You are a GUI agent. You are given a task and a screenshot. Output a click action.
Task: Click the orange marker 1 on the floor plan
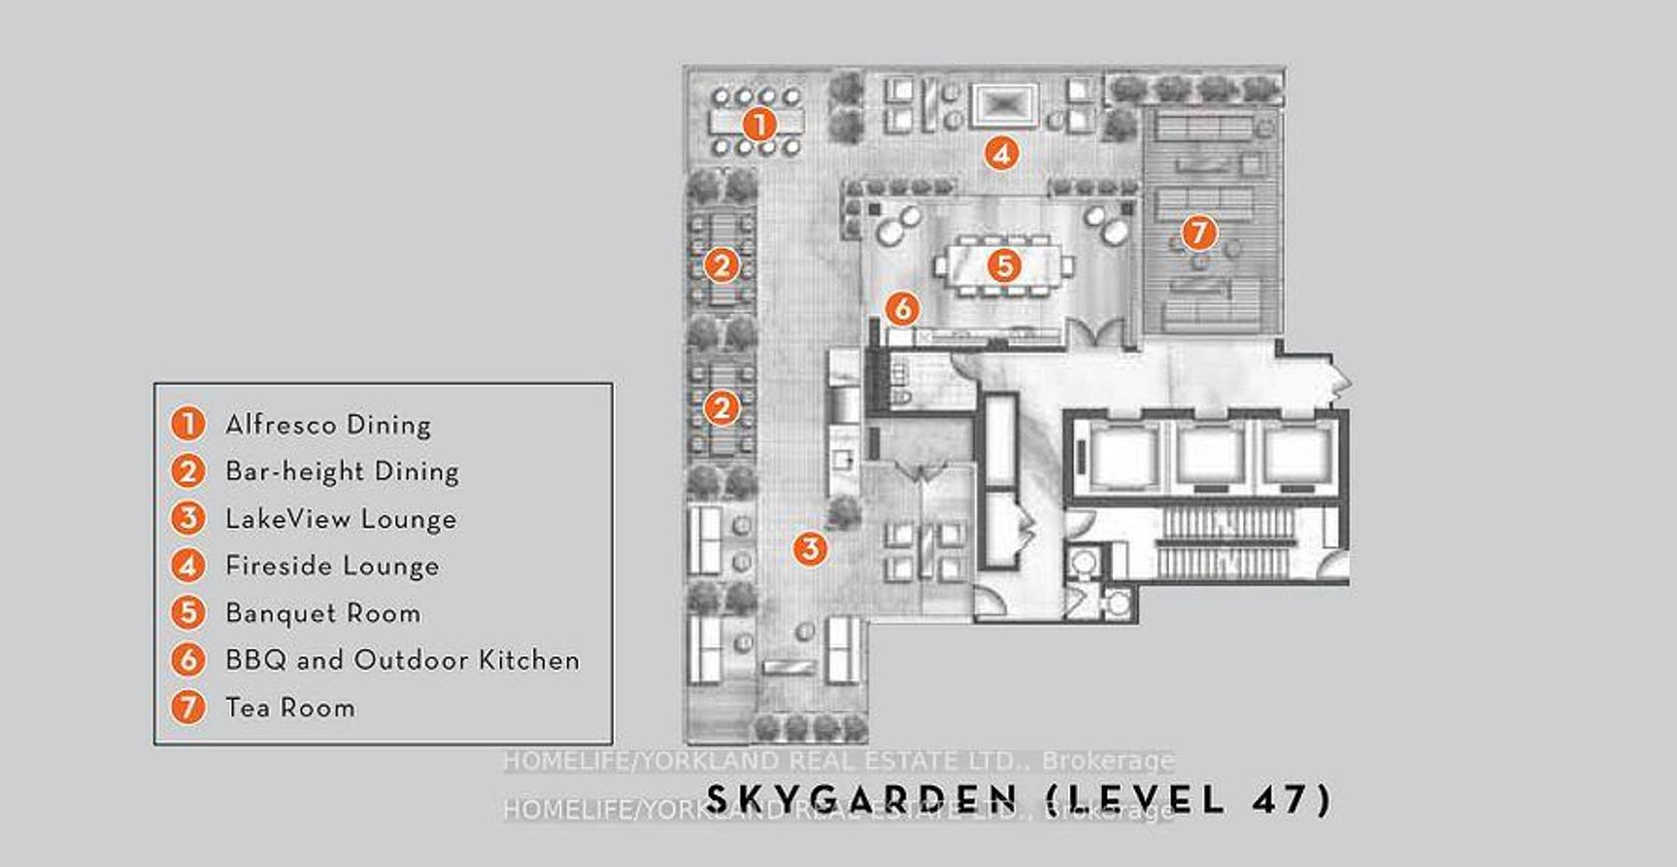(759, 125)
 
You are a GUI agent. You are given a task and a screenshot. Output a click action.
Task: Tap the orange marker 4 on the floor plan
(1001, 154)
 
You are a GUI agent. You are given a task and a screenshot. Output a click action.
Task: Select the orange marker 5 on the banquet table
(1004, 266)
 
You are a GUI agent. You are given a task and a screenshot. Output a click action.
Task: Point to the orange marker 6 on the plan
(902, 309)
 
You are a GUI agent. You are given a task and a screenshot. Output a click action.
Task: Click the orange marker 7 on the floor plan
(1200, 233)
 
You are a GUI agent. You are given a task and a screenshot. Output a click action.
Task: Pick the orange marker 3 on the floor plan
(811, 548)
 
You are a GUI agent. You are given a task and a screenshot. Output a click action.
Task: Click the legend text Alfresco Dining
(328, 425)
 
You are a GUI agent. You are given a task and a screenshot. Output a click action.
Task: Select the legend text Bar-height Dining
(342, 472)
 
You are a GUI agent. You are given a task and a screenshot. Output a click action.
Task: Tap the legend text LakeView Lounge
(341, 518)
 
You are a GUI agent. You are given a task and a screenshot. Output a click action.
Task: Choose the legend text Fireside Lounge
(332, 565)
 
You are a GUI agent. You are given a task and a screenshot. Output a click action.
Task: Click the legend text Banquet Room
(323, 613)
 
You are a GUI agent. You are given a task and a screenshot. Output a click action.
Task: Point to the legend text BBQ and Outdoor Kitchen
(403, 660)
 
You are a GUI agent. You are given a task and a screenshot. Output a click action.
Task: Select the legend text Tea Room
(290, 707)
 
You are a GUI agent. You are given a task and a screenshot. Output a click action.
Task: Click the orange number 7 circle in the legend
(188, 707)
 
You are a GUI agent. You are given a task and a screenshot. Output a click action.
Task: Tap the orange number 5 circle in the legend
(188, 613)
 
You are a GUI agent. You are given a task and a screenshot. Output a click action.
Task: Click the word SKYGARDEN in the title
(861, 800)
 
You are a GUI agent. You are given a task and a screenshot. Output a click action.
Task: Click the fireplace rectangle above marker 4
(1003, 106)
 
